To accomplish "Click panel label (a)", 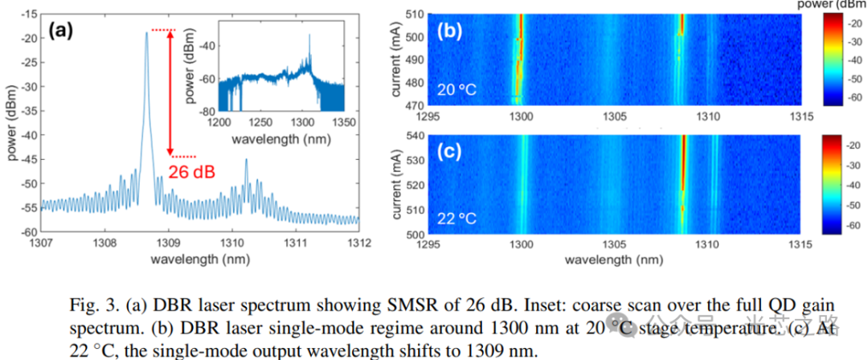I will pos(61,31).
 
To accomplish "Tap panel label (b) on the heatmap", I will pos(448,34).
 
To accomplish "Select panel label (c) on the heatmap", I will pos(448,150).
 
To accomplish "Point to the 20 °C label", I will pos(457,90).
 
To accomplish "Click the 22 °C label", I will pos(457,218).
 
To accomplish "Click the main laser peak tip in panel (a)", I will pos(146,32).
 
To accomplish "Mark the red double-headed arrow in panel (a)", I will pos(170,93).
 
